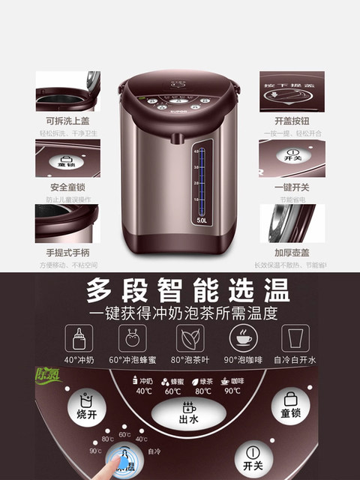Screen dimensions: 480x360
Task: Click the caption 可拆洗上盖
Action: point(67,119)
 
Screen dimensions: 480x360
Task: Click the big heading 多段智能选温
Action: point(180,289)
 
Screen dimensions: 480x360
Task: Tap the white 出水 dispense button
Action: point(187,411)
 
